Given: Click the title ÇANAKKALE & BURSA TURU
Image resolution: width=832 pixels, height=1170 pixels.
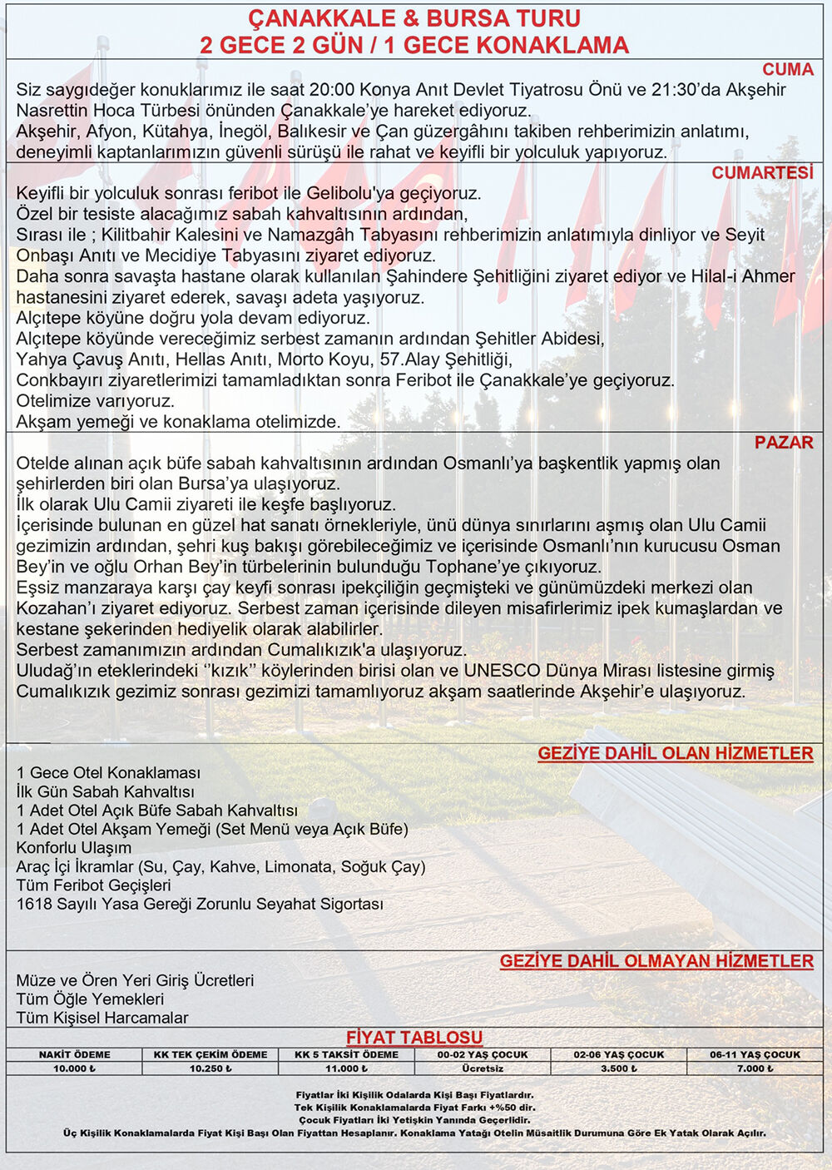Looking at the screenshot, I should (414, 18).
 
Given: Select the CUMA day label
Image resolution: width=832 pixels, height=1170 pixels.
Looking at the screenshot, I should (787, 69).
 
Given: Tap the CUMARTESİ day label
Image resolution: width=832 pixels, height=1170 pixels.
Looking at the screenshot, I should (762, 172).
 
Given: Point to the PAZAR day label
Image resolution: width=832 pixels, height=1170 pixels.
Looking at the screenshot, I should (784, 442).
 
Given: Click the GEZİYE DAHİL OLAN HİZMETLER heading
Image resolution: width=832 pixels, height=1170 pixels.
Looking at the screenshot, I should (675, 753).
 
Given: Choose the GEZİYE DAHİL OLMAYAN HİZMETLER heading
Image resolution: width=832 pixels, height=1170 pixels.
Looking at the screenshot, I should (656, 961).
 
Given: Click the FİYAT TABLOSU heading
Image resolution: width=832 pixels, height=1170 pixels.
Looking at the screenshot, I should (414, 1037).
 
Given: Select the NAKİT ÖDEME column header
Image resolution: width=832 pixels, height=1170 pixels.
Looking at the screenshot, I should (73, 1054).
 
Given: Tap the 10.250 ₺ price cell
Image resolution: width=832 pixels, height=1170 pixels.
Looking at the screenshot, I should (210, 1068).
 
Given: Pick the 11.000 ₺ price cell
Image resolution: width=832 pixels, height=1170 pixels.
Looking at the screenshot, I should (346, 1068).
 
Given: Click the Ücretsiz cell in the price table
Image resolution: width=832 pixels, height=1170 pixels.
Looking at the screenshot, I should (483, 1068).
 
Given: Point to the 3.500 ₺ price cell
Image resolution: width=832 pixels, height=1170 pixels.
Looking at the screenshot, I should (619, 1068).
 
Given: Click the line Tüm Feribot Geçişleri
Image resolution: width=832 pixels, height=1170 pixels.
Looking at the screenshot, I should (93, 885).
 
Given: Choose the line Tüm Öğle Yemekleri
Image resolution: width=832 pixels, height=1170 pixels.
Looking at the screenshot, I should (90, 999).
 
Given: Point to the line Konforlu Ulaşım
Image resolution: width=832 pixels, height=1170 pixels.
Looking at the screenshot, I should (74, 847).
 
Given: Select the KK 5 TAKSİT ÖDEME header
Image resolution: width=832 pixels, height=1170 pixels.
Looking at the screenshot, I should (346, 1054).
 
